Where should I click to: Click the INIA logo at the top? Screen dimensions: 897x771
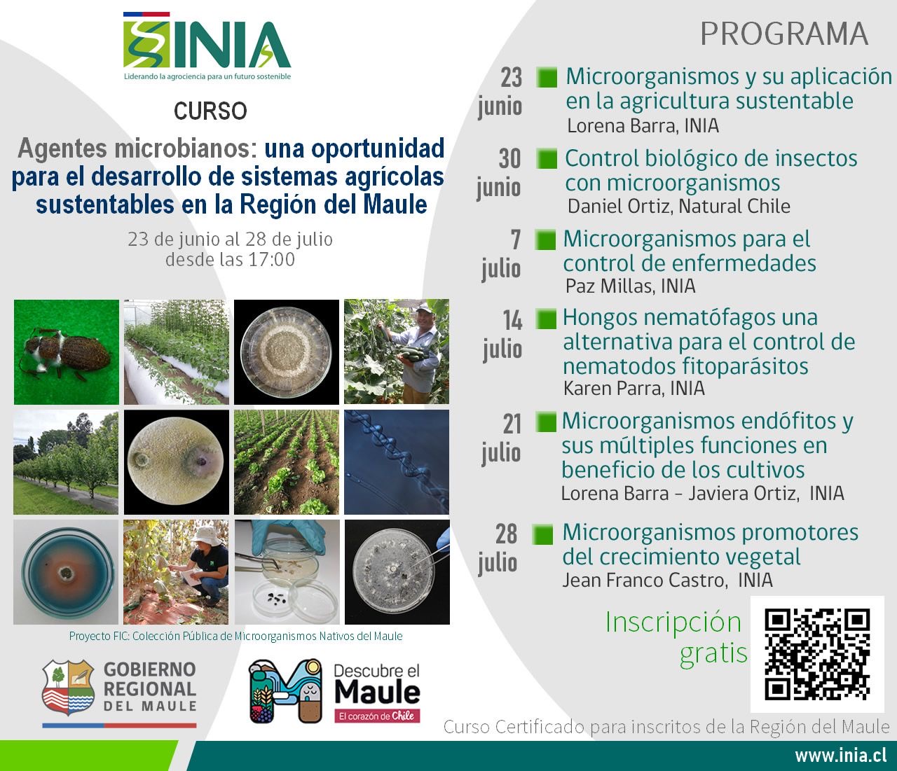click(207, 46)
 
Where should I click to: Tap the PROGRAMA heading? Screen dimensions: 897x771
click(783, 34)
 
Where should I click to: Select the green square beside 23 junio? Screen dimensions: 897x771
click(547, 78)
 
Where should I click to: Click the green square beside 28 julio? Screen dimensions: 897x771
click(542, 534)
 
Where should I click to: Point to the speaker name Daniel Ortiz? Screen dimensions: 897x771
click(618, 207)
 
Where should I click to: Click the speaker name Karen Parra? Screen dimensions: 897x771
click(613, 389)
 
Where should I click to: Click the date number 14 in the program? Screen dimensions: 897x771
click(512, 321)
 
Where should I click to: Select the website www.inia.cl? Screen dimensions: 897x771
click(840, 756)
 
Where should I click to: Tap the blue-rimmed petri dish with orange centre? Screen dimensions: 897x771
click(66, 572)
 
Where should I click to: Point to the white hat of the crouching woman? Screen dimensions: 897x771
click(207, 536)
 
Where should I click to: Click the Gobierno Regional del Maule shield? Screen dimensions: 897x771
click(68, 687)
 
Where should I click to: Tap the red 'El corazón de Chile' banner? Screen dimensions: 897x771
click(377, 716)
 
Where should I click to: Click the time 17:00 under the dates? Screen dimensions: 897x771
click(271, 259)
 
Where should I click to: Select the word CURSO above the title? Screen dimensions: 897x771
click(210, 111)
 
